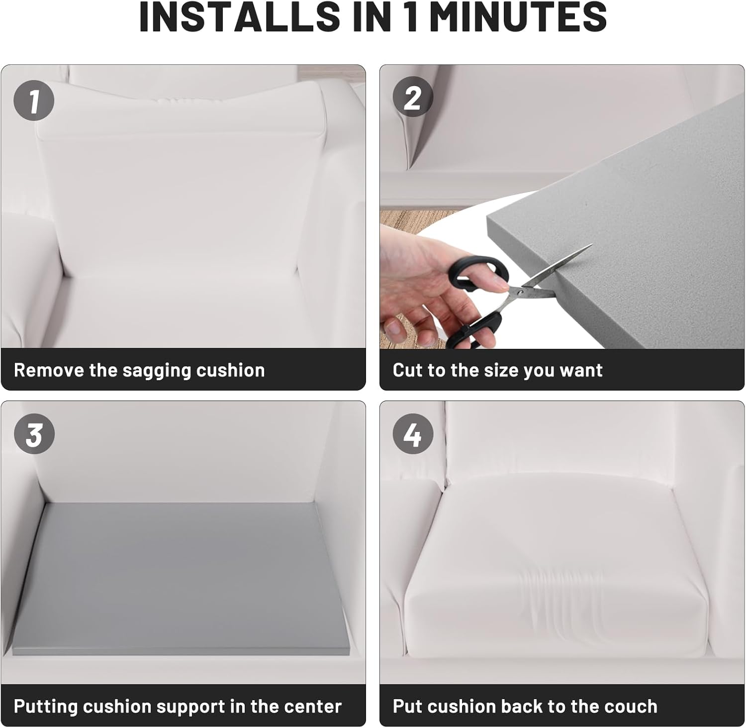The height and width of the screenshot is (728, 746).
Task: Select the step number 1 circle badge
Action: pos(34,101)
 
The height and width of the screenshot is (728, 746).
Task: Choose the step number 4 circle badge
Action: pos(413,435)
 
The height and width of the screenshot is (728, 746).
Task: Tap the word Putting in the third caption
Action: pos(45,707)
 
